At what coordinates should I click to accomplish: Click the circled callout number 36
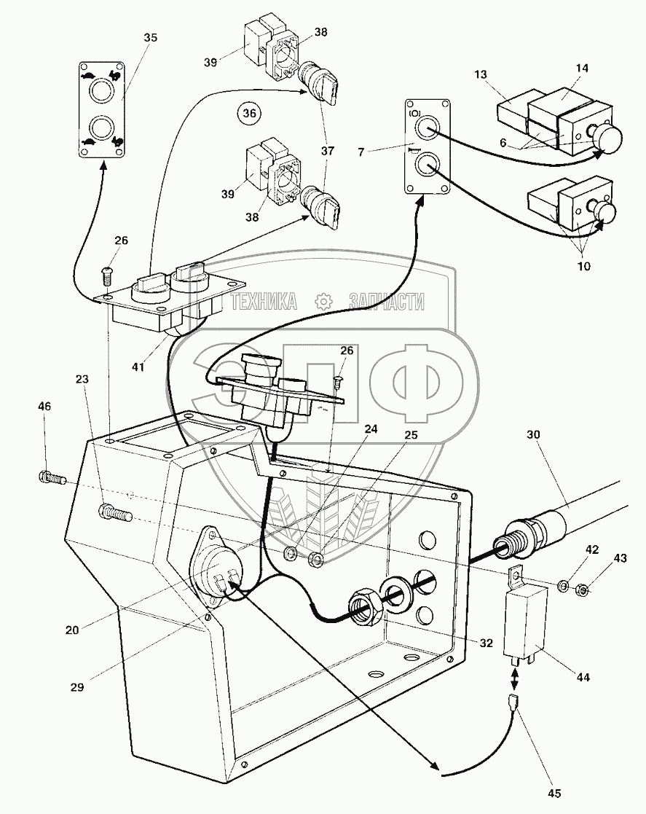[250, 114]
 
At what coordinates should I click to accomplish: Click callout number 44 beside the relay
[583, 678]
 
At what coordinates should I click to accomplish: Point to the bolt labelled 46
[51, 479]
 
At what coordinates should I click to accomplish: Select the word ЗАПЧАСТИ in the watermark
[386, 302]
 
